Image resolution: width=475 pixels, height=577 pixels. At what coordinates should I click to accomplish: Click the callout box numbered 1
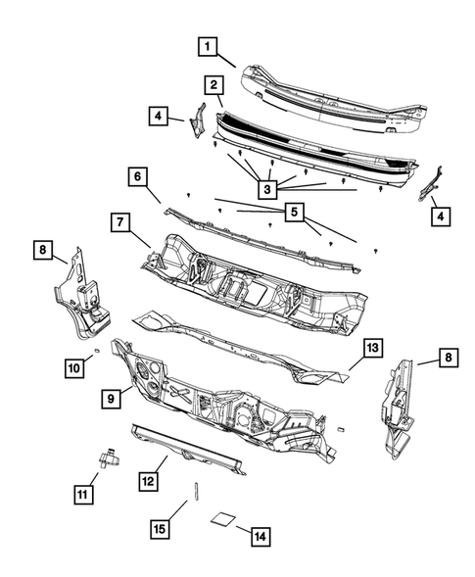tap(208, 45)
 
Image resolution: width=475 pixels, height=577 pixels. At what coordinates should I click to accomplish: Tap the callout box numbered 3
tap(265, 186)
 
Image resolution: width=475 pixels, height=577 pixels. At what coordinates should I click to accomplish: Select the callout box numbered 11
tap(85, 493)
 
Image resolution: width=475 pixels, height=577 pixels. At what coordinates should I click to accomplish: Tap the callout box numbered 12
tap(148, 481)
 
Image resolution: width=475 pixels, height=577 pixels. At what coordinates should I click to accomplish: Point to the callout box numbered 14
tap(260, 536)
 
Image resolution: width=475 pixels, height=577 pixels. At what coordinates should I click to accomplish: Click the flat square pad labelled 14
tap(225, 520)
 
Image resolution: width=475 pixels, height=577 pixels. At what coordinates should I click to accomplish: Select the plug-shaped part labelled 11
tap(107, 456)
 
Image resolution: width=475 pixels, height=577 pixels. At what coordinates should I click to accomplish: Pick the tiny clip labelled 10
tap(97, 349)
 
